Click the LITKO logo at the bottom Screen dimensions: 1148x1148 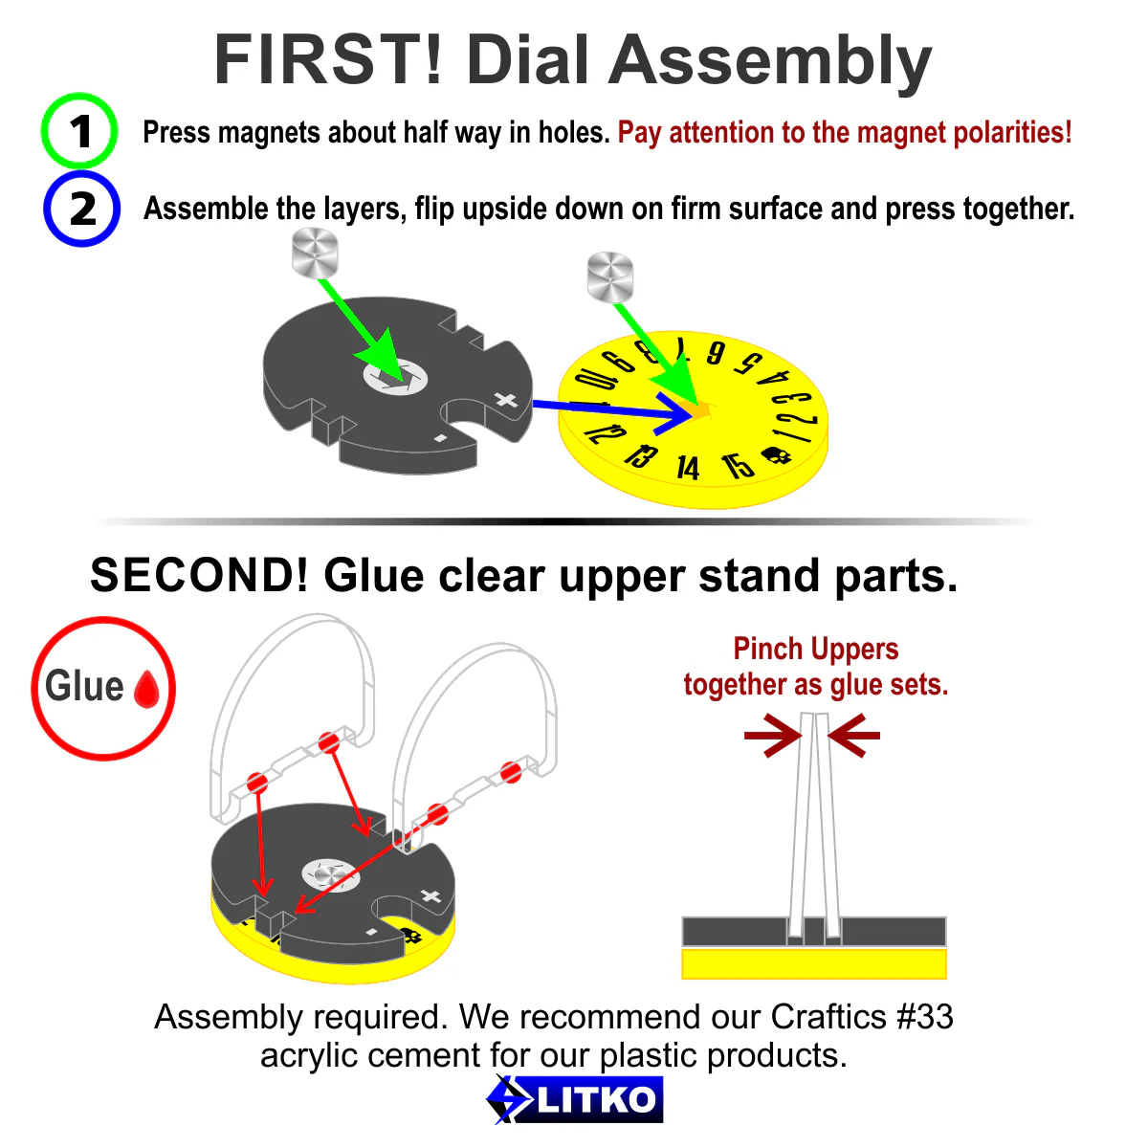pyautogui.click(x=574, y=1099)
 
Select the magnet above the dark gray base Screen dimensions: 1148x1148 pyautogui.click(x=315, y=254)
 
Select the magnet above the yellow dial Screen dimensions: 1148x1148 pyautogui.click(x=610, y=276)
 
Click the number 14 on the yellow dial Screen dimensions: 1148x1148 pyautogui.click(x=688, y=468)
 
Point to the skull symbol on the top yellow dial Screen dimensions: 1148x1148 pyautogui.click(x=777, y=455)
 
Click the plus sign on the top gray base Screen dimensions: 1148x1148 pyautogui.click(x=506, y=400)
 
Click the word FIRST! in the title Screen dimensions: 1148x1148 pyautogui.click(x=328, y=60)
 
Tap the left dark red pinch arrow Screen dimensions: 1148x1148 pyautogui.click(x=773, y=736)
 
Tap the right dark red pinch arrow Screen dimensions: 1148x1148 pyautogui.click(x=853, y=736)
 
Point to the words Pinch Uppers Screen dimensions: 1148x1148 pyautogui.click(x=816, y=649)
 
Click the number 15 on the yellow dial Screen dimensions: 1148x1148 pyautogui.click(x=738, y=465)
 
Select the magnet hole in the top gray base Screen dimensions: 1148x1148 pyautogui.click(x=395, y=377)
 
